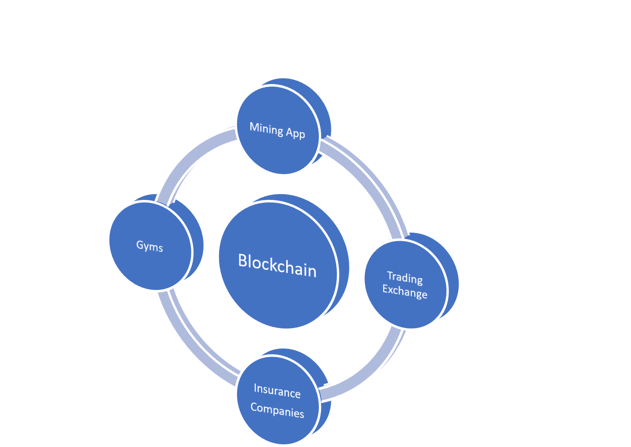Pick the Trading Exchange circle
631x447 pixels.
pos(405,285)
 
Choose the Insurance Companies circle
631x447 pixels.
pos(277,400)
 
